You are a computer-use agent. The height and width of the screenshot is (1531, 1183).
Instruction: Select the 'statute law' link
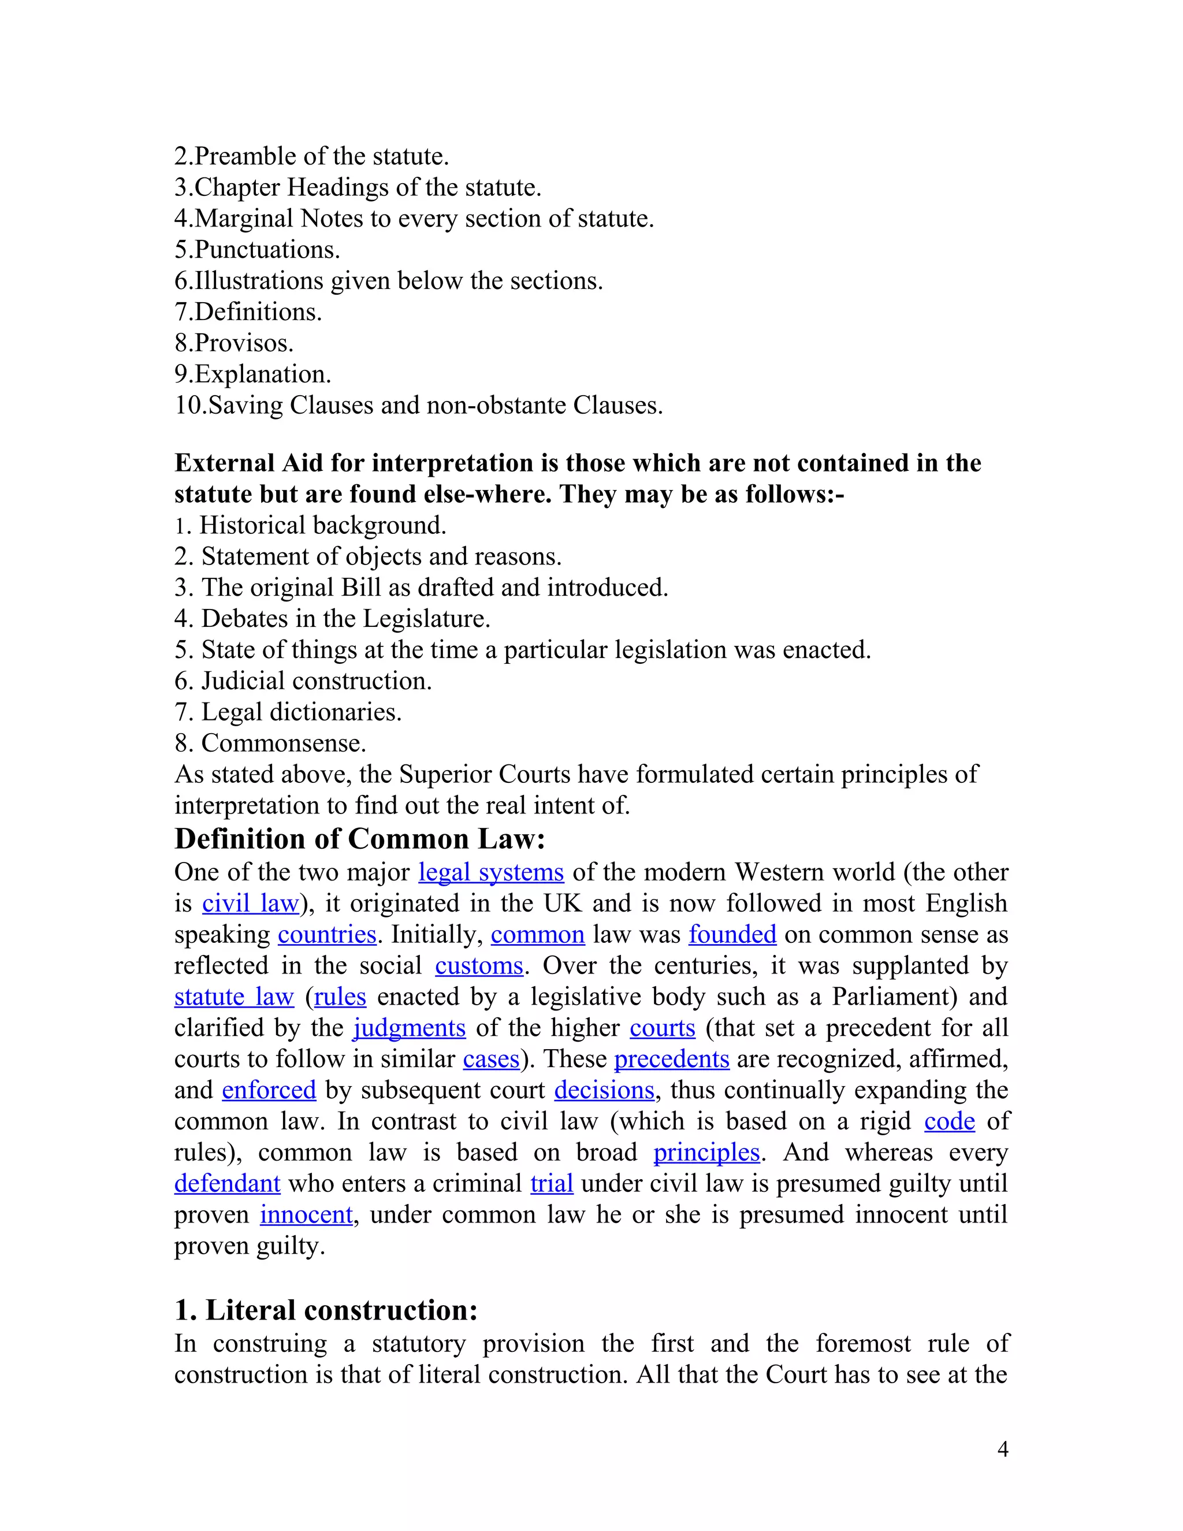click(x=233, y=996)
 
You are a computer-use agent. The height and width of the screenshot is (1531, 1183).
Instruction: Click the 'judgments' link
click(x=410, y=1028)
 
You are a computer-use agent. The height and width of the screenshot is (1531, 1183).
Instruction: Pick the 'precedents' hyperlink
click(x=671, y=1058)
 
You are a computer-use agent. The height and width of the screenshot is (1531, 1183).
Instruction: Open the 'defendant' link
click(x=227, y=1183)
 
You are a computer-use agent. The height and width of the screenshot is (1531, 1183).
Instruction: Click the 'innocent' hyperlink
click(x=306, y=1214)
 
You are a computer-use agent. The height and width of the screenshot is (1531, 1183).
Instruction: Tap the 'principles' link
click(x=706, y=1152)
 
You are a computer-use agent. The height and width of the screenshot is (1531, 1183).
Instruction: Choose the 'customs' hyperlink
click(x=479, y=965)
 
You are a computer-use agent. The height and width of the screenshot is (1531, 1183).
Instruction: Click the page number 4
click(x=1002, y=1450)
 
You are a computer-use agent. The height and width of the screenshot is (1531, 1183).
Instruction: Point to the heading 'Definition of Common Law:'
click(x=359, y=838)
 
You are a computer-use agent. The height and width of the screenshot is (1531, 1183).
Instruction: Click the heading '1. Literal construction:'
click(x=326, y=1310)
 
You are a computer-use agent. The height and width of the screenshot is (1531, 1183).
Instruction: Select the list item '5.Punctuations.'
click(x=257, y=250)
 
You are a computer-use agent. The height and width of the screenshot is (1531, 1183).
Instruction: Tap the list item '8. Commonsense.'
click(x=270, y=742)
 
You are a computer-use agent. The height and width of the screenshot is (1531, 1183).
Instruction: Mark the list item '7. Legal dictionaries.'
click(x=288, y=712)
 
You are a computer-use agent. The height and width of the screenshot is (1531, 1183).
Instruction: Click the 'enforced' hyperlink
click(x=269, y=1090)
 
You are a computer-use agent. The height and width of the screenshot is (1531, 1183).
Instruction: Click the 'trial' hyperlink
click(x=552, y=1183)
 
